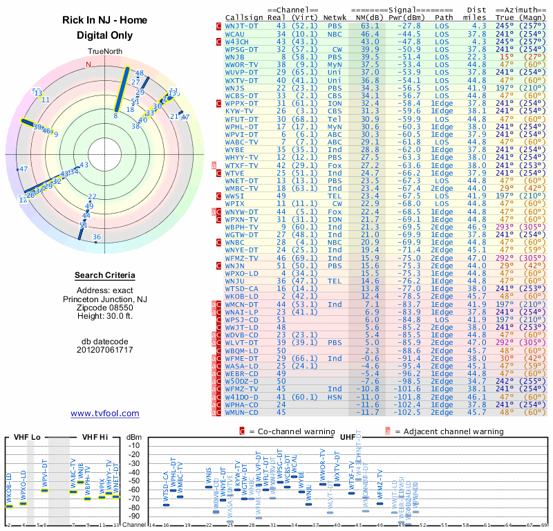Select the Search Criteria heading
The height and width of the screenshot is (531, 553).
(105, 276)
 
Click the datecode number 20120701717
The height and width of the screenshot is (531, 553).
(105, 349)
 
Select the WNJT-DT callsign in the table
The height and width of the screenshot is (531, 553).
(242, 25)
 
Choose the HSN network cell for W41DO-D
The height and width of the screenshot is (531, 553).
(335, 398)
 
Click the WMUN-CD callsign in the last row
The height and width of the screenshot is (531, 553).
(242, 412)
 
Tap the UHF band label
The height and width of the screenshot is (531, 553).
(348, 438)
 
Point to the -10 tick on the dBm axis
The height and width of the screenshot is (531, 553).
(134, 445)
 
